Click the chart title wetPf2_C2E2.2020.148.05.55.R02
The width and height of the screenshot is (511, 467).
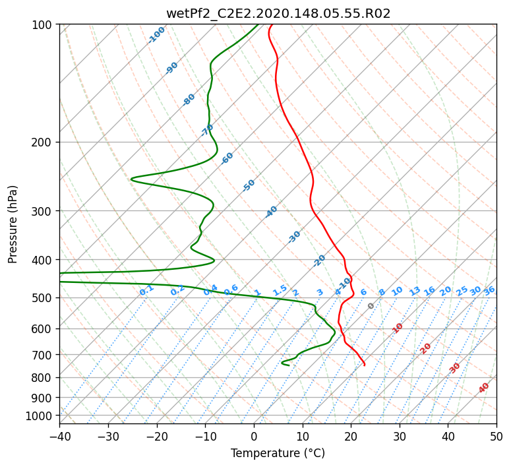click(x=278, y=14)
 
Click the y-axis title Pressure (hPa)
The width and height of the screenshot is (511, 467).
click(x=13, y=225)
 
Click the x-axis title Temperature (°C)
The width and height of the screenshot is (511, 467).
click(x=278, y=453)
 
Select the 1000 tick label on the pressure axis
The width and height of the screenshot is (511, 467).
click(x=38, y=416)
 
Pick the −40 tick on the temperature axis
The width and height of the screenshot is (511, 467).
click(x=59, y=437)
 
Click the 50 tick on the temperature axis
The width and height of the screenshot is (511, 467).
click(x=496, y=437)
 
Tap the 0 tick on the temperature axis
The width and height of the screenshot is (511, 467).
click(x=255, y=437)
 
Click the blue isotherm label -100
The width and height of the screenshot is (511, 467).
click(x=156, y=35)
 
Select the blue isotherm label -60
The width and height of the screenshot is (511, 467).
click(x=227, y=158)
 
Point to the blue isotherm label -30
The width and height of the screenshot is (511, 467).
click(x=294, y=237)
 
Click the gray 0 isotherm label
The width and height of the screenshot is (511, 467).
click(x=371, y=306)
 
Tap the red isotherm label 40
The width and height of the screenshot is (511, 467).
click(x=483, y=388)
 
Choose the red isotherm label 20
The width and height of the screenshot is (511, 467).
click(x=425, y=349)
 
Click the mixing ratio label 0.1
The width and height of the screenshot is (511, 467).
click(x=146, y=290)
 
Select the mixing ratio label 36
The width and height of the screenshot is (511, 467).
click(x=489, y=291)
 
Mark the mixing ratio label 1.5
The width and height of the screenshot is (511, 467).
click(x=280, y=290)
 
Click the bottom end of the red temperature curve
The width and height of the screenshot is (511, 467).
click(x=364, y=365)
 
